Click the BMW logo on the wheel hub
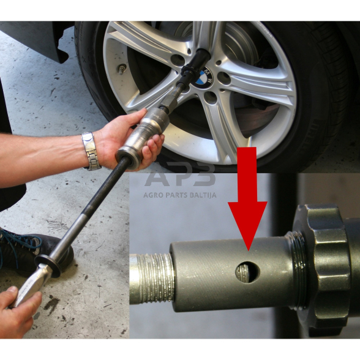(203, 78)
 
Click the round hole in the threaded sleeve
(247, 272)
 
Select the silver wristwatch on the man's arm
(91, 151)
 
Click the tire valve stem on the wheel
(122, 69)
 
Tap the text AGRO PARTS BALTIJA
(180, 195)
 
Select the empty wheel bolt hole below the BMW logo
(211, 97)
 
